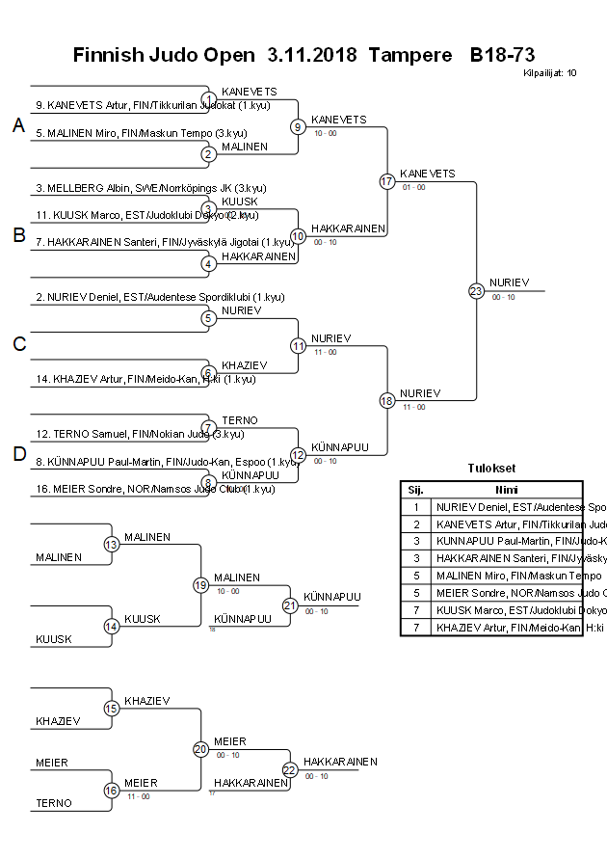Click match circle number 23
pos(475,290)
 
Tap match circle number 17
pos(387,181)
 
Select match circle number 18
pos(387,401)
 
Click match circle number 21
pos(290,605)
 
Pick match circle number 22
pos(290,769)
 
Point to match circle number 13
pos(112,545)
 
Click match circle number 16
pos(112,791)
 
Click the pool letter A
pos(17,125)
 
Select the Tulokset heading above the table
pos(491,469)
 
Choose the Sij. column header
pos(415,490)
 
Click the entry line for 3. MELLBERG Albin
pos(151,188)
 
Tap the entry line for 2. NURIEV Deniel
pos(160,298)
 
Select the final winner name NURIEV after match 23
pos(507,282)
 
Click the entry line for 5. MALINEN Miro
pos(141,133)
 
